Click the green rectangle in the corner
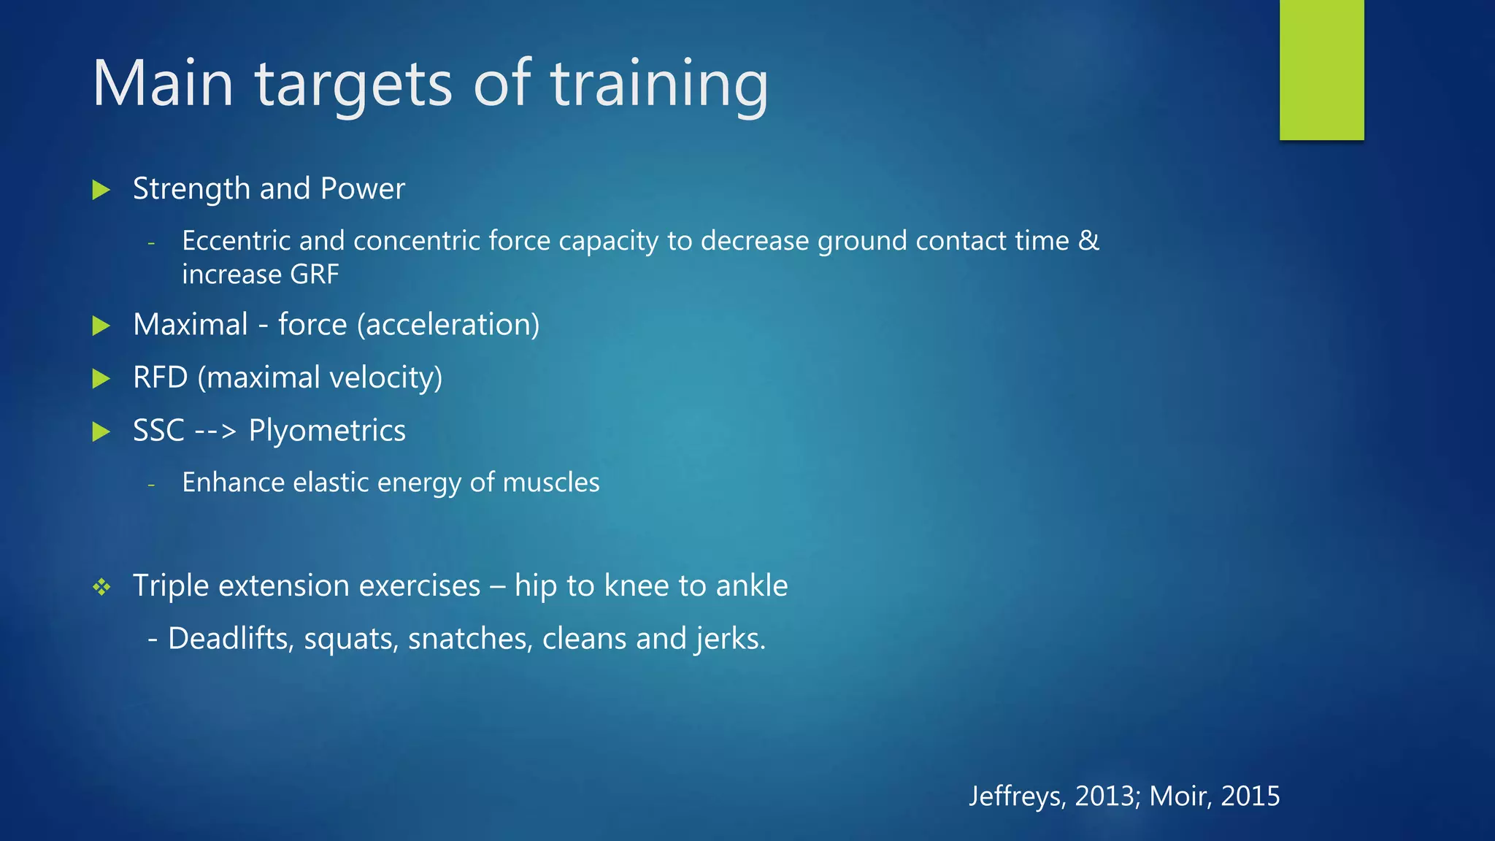click(x=1321, y=70)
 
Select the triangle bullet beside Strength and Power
click(x=101, y=190)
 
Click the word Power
click(x=362, y=189)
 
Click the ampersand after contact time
click(x=1088, y=241)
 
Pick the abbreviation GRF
click(x=314, y=274)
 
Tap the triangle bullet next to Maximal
click(x=101, y=326)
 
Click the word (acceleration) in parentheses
click(x=448, y=325)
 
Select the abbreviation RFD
click(x=160, y=378)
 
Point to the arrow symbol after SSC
click(x=216, y=431)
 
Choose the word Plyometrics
click(x=327, y=431)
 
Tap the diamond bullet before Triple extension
click(x=101, y=587)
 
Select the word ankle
click(x=752, y=585)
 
